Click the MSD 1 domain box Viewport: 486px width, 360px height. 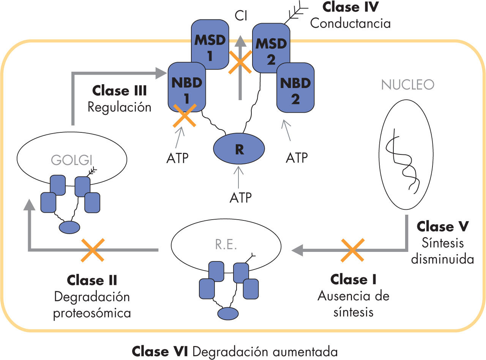pyautogui.click(x=209, y=45)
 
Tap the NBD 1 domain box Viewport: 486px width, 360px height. pyautogui.click(x=186, y=87)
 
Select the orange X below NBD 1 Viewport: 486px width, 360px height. pyautogui.click(x=185, y=115)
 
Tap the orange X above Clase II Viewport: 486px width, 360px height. pyautogui.click(x=93, y=250)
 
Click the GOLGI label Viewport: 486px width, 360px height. pyautogui.click(x=72, y=159)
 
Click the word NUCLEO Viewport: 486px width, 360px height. pyautogui.click(x=407, y=85)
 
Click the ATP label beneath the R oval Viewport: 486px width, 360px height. pyautogui.click(x=240, y=198)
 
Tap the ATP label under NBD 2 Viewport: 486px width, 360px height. pyautogui.click(x=297, y=157)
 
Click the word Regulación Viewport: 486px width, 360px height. pyautogui.click(x=119, y=107)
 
